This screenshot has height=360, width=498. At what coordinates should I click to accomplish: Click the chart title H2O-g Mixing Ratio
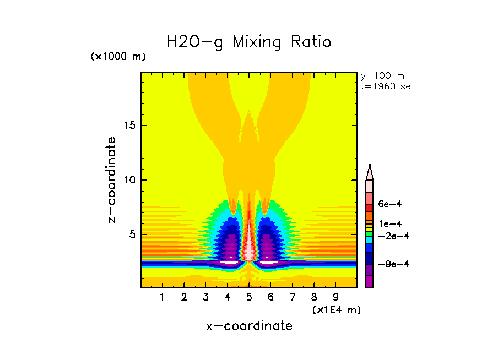(249, 41)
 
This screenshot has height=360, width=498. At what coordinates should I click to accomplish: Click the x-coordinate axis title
(249, 326)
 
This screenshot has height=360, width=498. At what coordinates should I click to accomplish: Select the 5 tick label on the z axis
(132, 234)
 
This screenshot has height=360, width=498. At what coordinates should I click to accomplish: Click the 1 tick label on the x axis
(163, 298)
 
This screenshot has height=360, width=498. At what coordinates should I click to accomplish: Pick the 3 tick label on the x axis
(205, 298)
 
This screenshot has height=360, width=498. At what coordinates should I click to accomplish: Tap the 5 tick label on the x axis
(249, 298)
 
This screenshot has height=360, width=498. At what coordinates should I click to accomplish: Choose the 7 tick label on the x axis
(292, 298)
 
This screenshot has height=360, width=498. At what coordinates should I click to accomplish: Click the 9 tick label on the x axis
(335, 298)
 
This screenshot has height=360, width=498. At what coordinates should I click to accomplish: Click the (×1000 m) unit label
(118, 56)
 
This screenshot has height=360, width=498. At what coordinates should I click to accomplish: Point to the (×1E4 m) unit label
(336, 310)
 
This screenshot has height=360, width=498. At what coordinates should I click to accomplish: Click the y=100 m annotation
(382, 76)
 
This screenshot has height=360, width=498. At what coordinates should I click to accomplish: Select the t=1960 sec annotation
(388, 86)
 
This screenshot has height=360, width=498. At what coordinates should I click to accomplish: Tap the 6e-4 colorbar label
(390, 204)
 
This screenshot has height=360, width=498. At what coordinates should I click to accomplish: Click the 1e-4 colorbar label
(390, 224)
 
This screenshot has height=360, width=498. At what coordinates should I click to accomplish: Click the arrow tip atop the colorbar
(370, 166)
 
